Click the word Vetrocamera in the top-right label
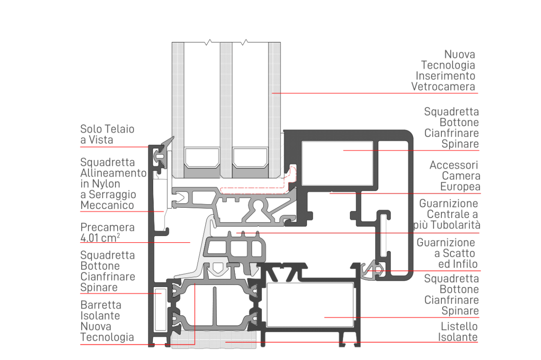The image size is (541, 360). (x=443, y=87)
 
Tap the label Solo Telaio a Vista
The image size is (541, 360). (x=107, y=135)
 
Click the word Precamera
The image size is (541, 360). (x=107, y=227)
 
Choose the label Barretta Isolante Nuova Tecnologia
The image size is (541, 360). (x=107, y=321)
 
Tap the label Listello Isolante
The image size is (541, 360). (x=458, y=332)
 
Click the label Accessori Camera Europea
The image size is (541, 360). (x=454, y=176)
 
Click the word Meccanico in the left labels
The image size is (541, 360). (x=107, y=205)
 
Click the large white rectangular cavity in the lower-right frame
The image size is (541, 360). (x=310, y=305)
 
